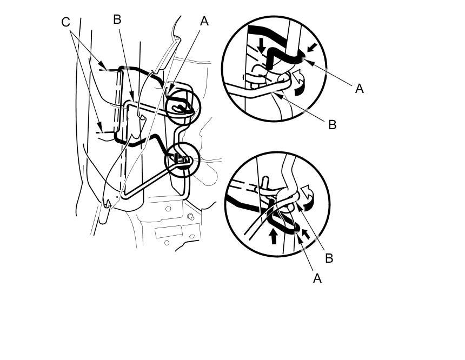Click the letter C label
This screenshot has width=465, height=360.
coord(65,22)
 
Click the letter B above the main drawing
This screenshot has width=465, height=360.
coord(117,19)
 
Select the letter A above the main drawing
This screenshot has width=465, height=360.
coord(204,21)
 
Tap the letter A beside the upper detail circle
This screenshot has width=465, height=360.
coord(360,89)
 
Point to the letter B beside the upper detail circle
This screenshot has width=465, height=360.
coord(332,124)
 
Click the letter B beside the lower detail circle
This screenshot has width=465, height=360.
coord(329,258)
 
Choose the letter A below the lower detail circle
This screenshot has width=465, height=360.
coord(317,278)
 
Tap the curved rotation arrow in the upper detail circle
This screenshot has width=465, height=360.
coord(299,83)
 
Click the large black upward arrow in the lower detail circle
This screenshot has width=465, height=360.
coord(274,236)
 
